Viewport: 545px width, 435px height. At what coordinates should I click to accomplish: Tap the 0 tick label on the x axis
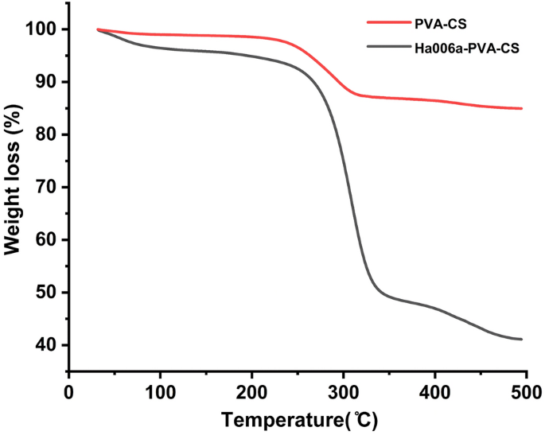[69, 392]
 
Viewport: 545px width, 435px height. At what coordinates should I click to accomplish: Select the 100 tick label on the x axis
[161, 392]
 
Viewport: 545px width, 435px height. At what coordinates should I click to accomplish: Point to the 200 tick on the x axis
[252, 392]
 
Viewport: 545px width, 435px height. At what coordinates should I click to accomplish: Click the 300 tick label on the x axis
[343, 392]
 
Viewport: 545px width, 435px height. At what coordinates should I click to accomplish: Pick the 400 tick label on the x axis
[434, 392]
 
